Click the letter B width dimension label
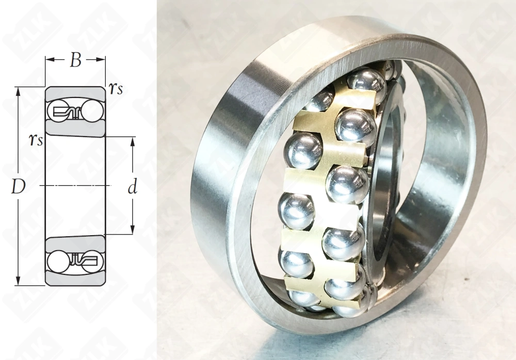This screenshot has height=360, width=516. (x=76, y=60)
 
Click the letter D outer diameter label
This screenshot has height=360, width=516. (x=19, y=187)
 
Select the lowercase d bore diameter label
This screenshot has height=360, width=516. (x=132, y=187)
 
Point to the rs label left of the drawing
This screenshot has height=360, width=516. (x=36, y=140)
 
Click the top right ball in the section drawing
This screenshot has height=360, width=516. (x=93, y=111)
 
